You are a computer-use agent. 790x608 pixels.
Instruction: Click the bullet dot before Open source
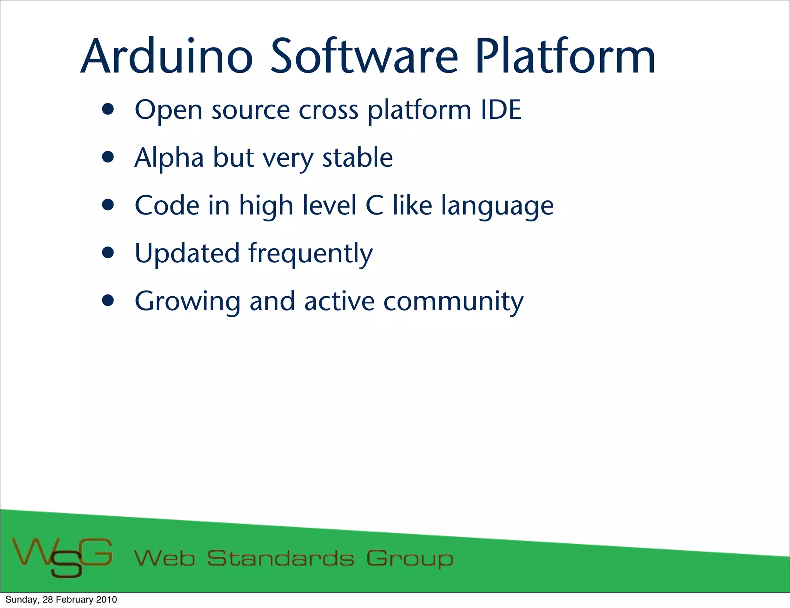pyautogui.click(x=108, y=110)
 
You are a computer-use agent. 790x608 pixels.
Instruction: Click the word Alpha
pyautogui.click(x=169, y=158)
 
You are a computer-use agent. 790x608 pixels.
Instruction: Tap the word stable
pyautogui.click(x=357, y=158)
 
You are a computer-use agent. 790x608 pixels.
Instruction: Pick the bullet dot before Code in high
pyautogui.click(x=108, y=205)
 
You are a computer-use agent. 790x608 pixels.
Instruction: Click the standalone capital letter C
pyautogui.click(x=374, y=206)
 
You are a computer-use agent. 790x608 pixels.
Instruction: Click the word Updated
pyautogui.click(x=187, y=253)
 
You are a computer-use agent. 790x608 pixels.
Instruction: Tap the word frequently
pyautogui.click(x=311, y=255)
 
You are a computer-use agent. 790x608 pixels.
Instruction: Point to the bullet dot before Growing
pyautogui.click(x=108, y=301)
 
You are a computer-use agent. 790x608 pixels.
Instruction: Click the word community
pyautogui.click(x=453, y=302)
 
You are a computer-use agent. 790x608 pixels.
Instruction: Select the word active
pyautogui.click(x=339, y=301)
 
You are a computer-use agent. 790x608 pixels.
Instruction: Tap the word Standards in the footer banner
pyautogui.click(x=280, y=559)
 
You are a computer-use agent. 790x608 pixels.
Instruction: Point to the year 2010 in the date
pyautogui.click(x=106, y=600)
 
